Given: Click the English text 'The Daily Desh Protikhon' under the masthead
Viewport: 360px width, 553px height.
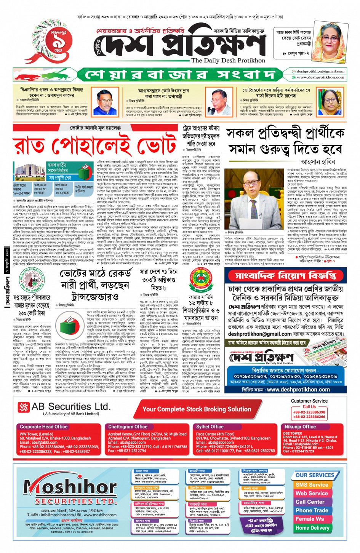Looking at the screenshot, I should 228,60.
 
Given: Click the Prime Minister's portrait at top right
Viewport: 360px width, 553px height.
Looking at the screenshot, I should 330,43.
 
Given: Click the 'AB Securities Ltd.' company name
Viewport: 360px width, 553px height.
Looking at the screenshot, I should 71,407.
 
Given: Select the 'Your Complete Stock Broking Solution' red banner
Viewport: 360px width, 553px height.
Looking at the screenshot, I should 197,409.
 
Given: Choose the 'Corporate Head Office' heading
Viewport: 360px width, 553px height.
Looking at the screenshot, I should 43,427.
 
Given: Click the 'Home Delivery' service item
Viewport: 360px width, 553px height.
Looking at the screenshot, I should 312,528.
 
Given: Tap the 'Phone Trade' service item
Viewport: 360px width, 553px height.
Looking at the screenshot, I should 312,510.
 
